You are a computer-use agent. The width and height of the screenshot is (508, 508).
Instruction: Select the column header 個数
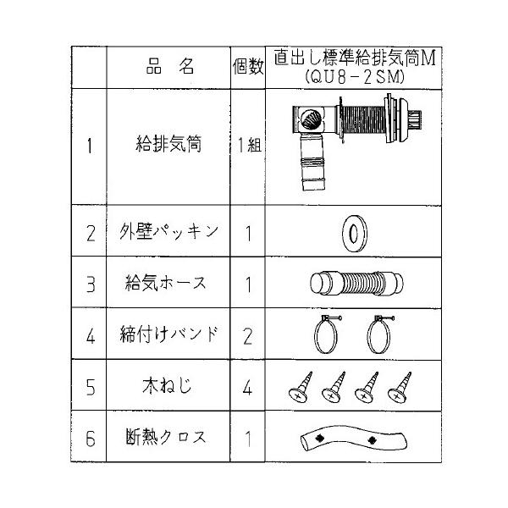pyautogui.click(x=248, y=69)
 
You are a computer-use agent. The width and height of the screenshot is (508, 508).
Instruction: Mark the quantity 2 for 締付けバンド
pyautogui.click(x=248, y=334)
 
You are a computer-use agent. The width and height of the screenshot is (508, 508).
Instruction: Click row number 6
pyautogui.click(x=90, y=439)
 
